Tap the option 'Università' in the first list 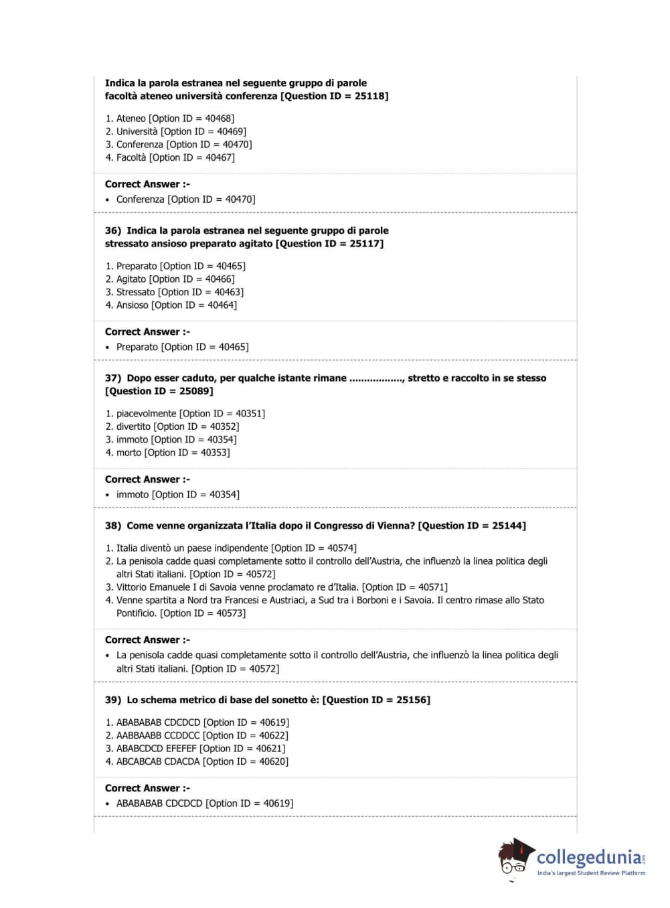pyautogui.click(x=137, y=132)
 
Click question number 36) pyautogui.click(x=113, y=231)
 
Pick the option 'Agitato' pyautogui.click(x=131, y=279)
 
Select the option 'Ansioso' pyautogui.click(x=132, y=305)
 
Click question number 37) pyautogui.click(x=113, y=378)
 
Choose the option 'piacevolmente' pyautogui.click(x=146, y=414)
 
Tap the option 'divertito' pyautogui.click(x=133, y=427)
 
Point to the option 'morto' pyautogui.click(x=129, y=453)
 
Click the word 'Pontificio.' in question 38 pyautogui.click(x=137, y=613)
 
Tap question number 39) pyautogui.click(x=113, y=700)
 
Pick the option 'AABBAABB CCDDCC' pyautogui.click(x=158, y=736)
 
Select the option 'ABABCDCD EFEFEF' pyautogui.click(x=156, y=749)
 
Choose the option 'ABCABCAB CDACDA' pyautogui.click(x=158, y=762)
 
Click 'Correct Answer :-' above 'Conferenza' pyautogui.click(x=147, y=184)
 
